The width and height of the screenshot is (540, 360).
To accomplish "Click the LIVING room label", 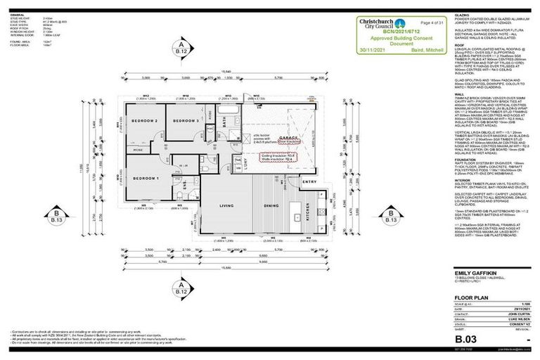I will tap(226, 206).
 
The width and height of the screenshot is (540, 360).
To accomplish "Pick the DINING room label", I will tap(270, 206).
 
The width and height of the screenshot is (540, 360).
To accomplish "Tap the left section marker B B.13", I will tap(55, 217).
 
